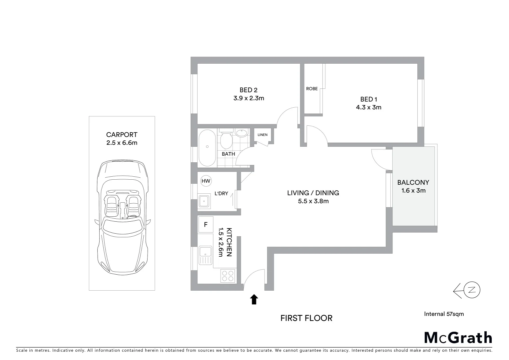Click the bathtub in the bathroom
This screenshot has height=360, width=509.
207,148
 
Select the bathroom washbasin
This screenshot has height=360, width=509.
241,133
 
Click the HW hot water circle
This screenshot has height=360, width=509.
206,181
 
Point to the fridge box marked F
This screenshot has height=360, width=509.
206,225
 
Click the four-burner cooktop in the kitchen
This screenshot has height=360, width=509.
228,276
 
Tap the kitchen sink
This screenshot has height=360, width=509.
205,255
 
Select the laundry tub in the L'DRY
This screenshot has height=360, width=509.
204,202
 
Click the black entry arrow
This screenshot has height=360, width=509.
254,299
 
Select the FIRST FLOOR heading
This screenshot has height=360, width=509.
306,318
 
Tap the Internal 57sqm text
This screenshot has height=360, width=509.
444,314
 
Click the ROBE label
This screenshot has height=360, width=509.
312,89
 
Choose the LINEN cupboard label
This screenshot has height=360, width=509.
262,135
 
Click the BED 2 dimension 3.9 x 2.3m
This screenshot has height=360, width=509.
249,98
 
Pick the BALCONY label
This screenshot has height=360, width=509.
413,182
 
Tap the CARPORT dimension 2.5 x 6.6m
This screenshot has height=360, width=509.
122,143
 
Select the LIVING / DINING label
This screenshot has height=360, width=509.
313,193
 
